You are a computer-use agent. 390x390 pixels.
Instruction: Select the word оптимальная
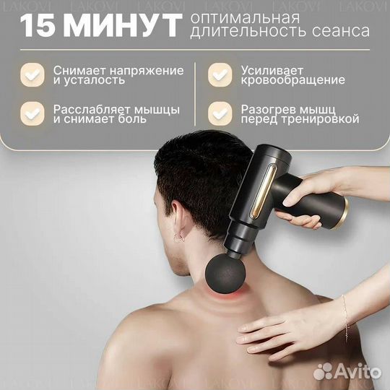(x=235, y=17)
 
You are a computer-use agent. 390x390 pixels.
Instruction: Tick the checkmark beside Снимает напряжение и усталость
(x=31, y=74)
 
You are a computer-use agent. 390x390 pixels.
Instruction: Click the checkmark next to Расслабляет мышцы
(x=31, y=113)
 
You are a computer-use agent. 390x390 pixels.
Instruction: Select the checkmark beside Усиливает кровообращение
(x=219, y=74)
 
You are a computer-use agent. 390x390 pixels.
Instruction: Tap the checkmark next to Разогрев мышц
(x=219, y=113)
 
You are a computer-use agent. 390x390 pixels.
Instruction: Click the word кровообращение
(x=289, y=80)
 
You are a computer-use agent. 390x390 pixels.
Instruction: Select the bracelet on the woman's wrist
(x=346, y=311)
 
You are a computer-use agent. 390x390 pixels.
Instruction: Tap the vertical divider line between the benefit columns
(x=196, y=94)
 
